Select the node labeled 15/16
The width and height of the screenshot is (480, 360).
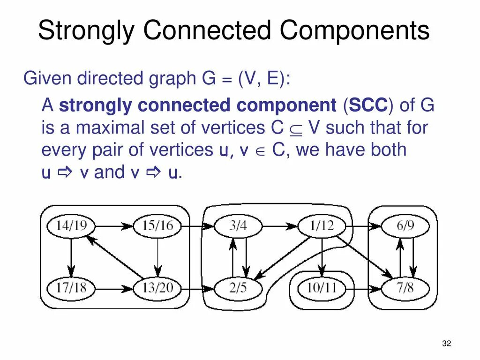tap(157, 226)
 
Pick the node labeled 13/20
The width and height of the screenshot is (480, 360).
tap(157, 287)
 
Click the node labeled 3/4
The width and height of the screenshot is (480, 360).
tap(238, 226)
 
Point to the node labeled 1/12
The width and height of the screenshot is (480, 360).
tap(322, 226)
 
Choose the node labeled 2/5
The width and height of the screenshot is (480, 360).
tap(238, 287)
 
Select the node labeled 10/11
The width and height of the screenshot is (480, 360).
tap(322, 287)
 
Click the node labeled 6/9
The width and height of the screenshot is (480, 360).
tap(405, 226)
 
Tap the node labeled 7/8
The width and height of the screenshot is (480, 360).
tap(405, 287)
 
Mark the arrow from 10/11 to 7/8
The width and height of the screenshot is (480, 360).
tap(368, 287)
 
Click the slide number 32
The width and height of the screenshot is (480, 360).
tap(446, 345)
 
